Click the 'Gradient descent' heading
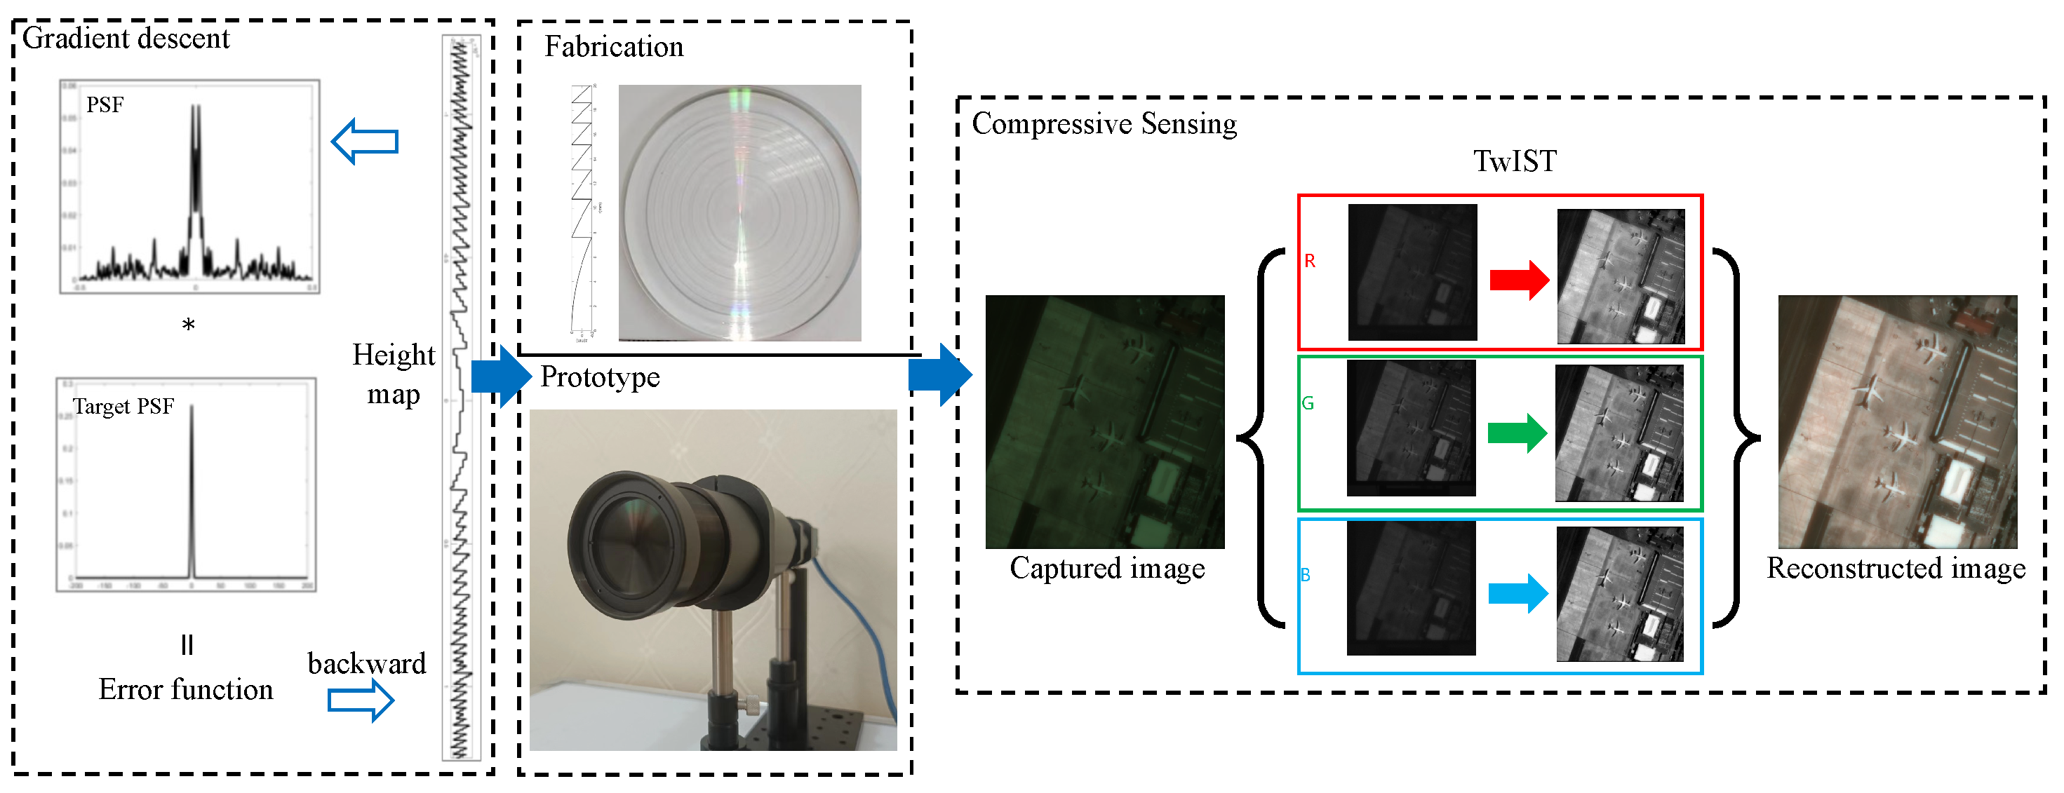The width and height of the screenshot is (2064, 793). click(x=126, y=39)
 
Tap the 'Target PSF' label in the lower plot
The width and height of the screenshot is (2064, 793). click(x=123, y=406)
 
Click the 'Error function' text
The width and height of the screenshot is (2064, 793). click(x=186, y=689)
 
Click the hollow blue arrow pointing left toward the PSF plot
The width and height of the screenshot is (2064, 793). click(x=366, y=142)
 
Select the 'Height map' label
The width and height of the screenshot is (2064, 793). click(x=394, y=374)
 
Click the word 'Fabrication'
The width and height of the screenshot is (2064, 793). click(x=614, y=46)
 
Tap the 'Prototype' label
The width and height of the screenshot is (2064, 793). click(x=600, y=377)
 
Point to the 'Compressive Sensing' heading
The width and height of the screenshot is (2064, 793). click(x=1104, y=123)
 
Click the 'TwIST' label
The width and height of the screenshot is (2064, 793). click(x=1515, y=161)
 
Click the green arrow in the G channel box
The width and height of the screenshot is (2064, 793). click(x=1517, y=433)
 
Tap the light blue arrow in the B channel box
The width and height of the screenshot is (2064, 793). click(x=1517, y=594)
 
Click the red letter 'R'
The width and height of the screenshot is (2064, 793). click(x=1309, y=261)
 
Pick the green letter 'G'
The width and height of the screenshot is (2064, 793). click(x=1308, y=403)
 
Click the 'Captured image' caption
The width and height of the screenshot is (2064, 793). click(x=1106, y=568)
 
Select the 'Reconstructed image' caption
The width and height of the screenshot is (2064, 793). click(x=1896, y=568)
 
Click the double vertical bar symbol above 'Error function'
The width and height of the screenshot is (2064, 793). click(x=187, y=645)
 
